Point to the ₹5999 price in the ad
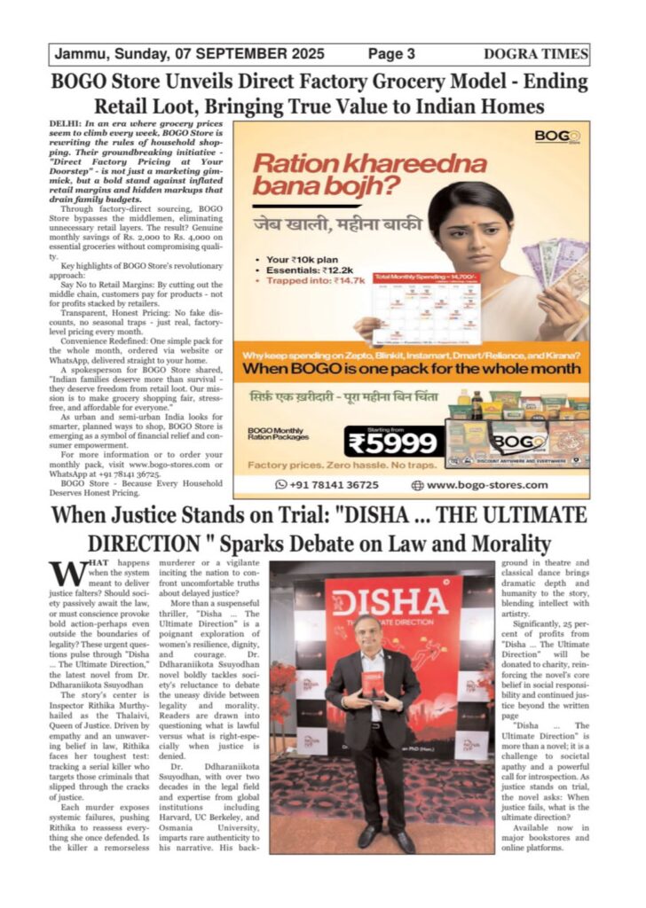coord(392,442)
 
